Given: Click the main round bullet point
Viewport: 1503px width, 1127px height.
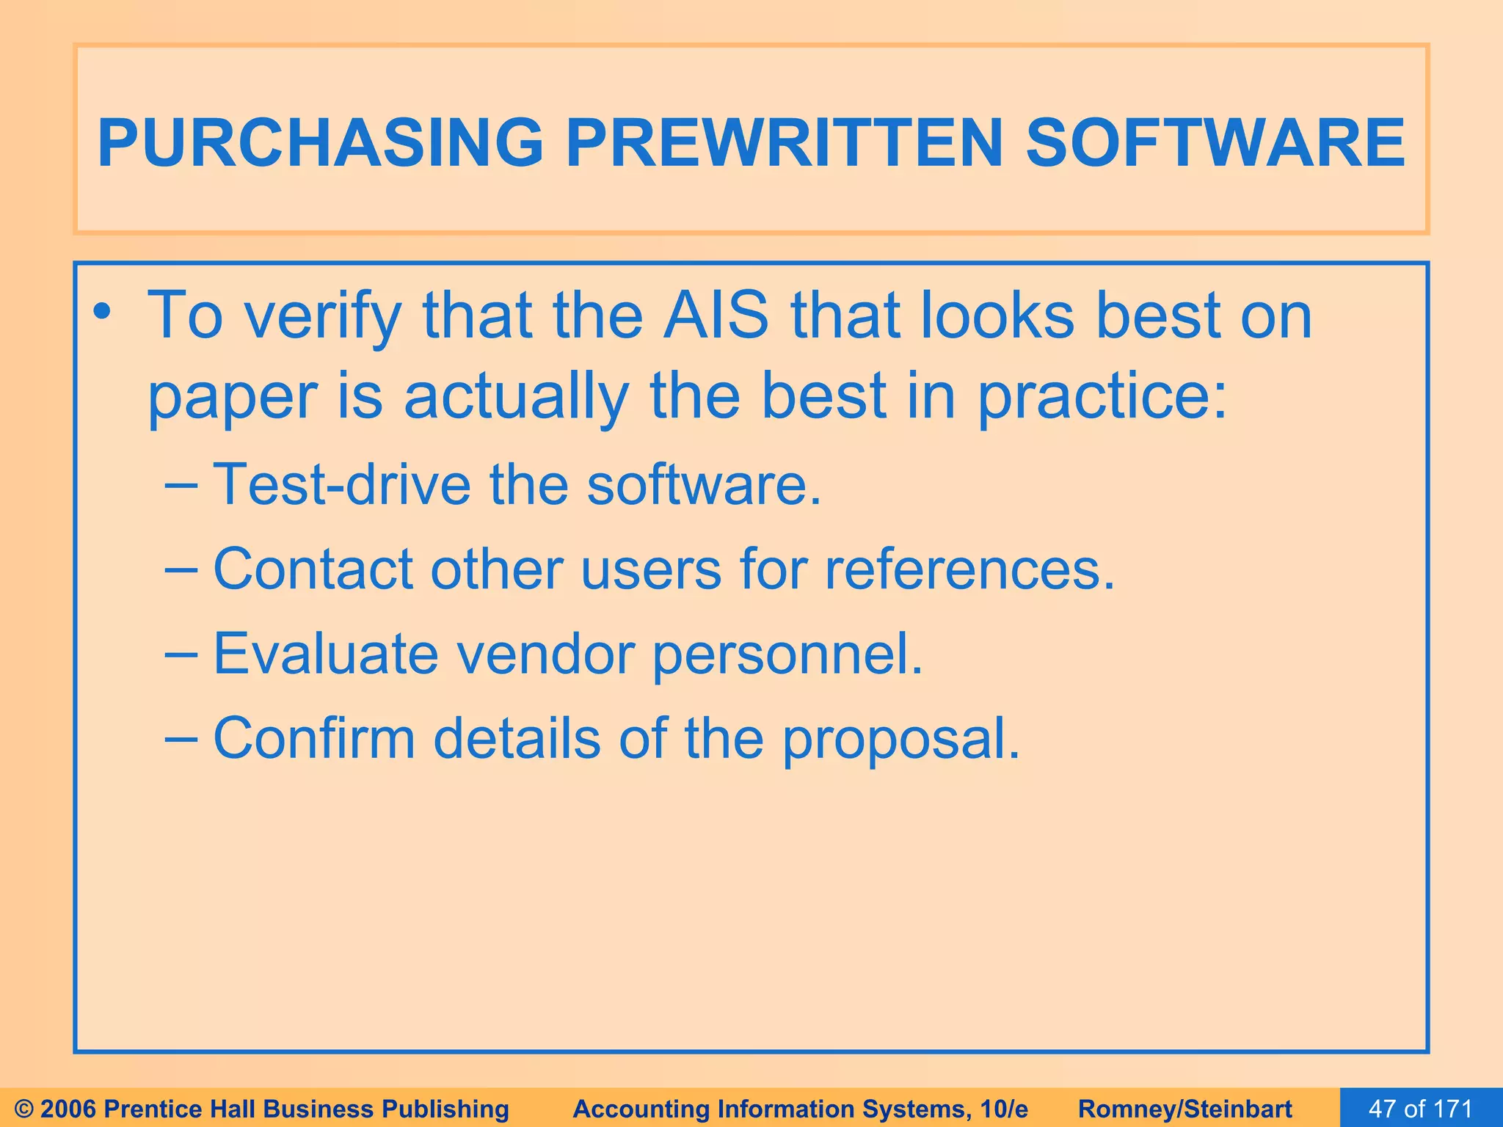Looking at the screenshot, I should click(103, 314).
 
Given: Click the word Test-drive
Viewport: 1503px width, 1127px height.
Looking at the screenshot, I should click(341, 484).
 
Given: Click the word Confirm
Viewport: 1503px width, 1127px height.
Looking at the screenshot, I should click(314, 737).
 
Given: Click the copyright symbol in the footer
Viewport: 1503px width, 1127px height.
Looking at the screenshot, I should click(24, 1109).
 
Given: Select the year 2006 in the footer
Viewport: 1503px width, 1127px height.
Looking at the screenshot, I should click(70, 1109).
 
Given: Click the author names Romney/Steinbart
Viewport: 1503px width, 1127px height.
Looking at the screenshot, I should click(1185, 1109).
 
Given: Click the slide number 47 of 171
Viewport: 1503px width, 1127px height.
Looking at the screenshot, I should click(1420, 1109).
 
